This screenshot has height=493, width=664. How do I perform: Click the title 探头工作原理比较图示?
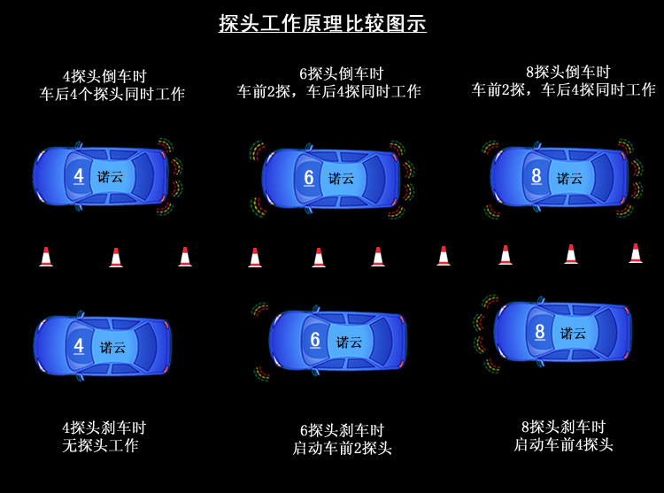tap(322, 24)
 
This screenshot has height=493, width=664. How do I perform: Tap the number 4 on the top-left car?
tap(79, 176)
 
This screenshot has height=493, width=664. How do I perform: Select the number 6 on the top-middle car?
tap(309, 178)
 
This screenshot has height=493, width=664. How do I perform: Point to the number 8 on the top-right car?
tap(537, 176)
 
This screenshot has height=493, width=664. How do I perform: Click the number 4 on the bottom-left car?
tap(79, 346)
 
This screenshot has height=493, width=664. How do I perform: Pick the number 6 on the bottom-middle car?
tap(315, 340)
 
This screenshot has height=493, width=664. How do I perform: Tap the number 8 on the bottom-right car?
tap(540, 333)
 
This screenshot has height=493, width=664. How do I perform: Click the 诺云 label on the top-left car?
tap(112, 177)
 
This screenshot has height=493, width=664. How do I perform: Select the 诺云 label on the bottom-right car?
tap(574, 334)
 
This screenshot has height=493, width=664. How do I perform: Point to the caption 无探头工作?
tap(100, 446)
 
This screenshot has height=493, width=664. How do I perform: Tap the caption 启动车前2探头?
tap(342, 449)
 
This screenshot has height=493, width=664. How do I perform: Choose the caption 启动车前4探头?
tap(563, 445)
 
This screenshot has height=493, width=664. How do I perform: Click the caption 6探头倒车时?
tap(329, 73)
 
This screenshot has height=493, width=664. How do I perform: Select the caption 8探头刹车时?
tap(563, 427)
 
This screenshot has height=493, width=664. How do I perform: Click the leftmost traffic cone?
tap(46, 258)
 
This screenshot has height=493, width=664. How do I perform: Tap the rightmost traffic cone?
tap(636, 254)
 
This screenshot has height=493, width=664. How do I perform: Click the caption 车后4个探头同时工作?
tap(112, 94)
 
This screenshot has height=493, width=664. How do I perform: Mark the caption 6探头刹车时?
tap(342, 430)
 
